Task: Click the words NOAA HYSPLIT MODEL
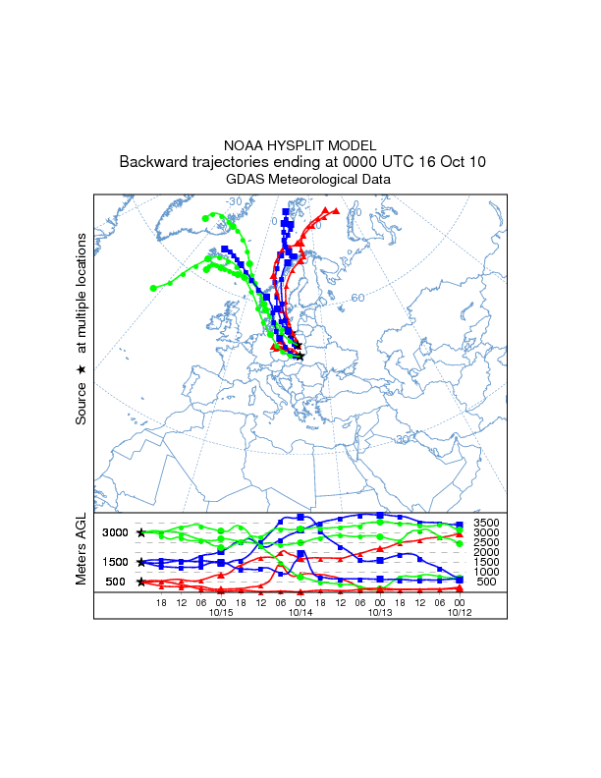(x=300, y=144)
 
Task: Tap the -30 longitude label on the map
(x=233, y=201)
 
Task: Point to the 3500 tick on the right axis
(x=486, y=523)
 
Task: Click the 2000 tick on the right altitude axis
(x=486, y=552)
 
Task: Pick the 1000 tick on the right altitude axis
(x=486, y=572)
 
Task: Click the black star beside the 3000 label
(x=141, y=532)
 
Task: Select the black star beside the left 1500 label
(x=141, y=562)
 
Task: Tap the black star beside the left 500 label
(x=141, y=582)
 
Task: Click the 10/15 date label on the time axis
(x=221, y=611)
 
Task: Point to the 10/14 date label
(x=300, y=611)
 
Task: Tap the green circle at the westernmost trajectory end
(x=153, y=288)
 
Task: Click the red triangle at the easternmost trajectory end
(x=336, y=210)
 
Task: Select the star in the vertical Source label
(x=82, y=369)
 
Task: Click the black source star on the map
(x=300, y=356)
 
